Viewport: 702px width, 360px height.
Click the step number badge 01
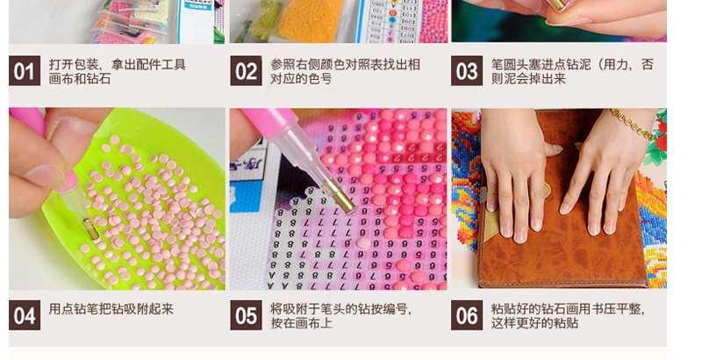click(25, 71)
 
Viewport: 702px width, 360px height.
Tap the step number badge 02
click(247, 71)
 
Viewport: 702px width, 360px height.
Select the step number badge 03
click(467, 71)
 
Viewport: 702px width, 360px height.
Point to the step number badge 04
click(25, 315)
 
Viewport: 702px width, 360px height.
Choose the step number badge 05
click(247, 315)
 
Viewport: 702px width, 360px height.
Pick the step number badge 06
click(467, 315)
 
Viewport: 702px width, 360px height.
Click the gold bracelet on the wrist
click(632, 123)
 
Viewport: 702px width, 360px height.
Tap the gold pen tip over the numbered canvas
click(339, 196)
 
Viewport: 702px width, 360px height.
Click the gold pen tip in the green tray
click(91, 229)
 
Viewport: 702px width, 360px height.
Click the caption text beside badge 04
click(111, 309)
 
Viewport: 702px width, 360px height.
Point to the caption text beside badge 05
click(341, 316)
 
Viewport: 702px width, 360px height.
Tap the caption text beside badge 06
click(568, 316)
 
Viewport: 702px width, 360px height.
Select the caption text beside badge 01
click(118, 71)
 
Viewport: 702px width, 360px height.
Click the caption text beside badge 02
click(345, 71)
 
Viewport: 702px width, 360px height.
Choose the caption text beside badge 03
click(572, 71)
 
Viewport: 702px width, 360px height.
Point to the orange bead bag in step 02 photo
click(308, 21)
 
